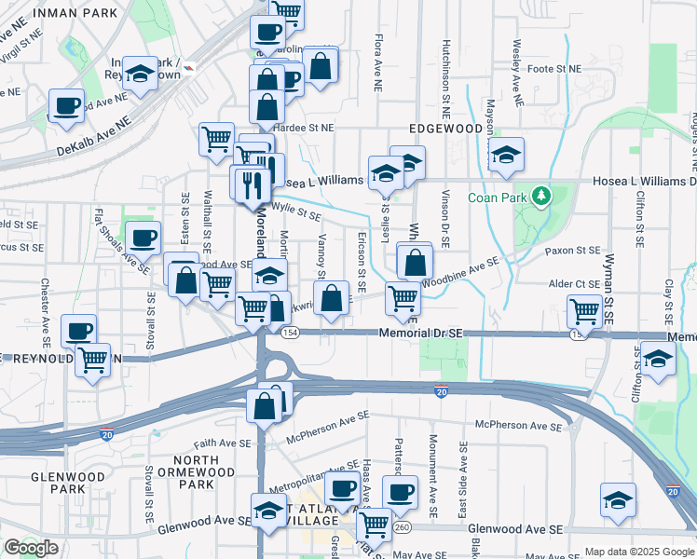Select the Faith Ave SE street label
point(222,444)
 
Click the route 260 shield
point(402,527)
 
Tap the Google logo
point(31,548)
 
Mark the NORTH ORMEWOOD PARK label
point(197,471)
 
